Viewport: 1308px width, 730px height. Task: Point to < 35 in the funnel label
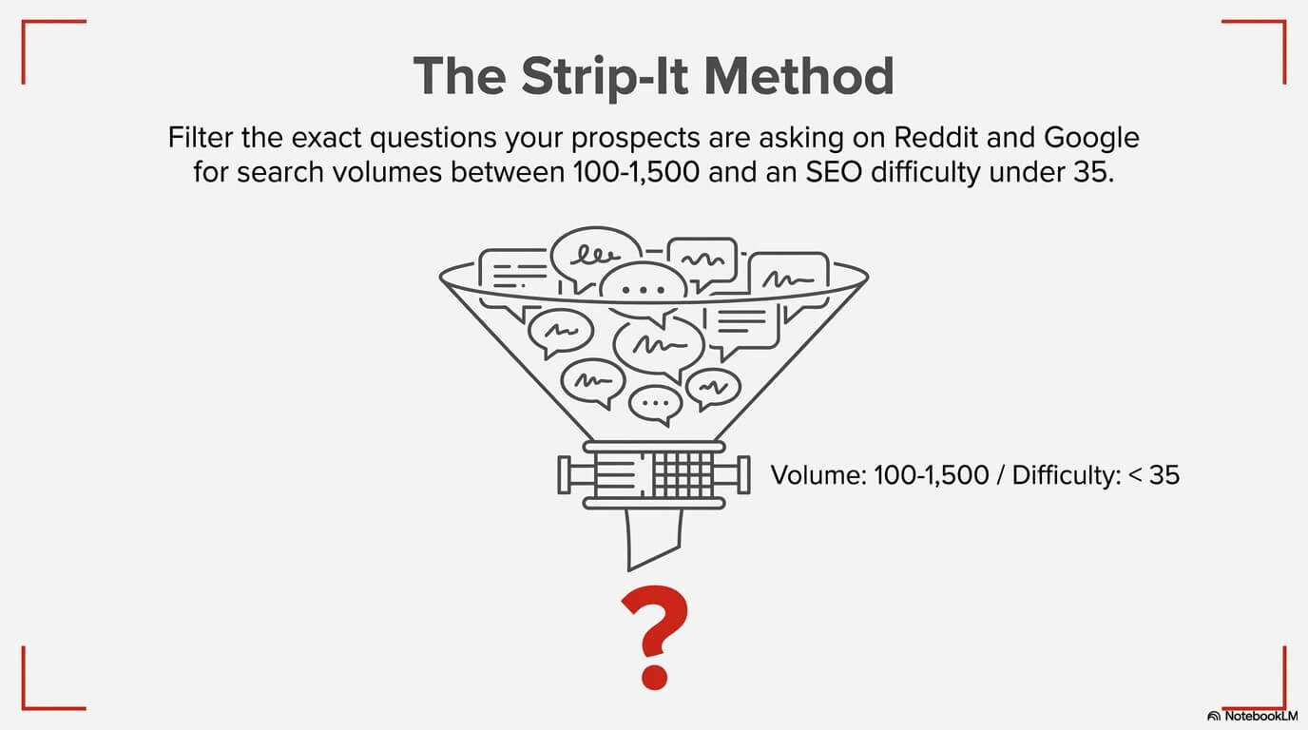coord(1153,474)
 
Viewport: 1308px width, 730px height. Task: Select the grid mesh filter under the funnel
coord(681,472)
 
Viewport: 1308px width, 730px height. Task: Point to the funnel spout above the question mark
coord(653,537)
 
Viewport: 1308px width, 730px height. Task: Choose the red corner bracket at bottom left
coord(38,693)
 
